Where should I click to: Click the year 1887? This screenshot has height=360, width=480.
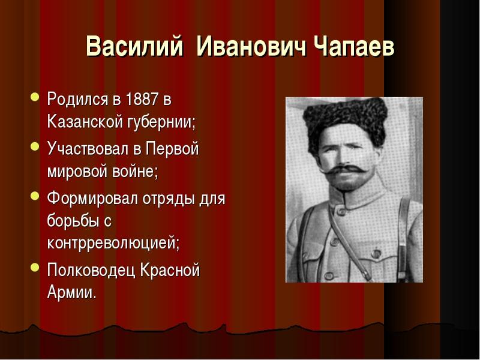(x=134, y=98)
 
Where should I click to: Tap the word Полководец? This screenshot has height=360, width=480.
(x=89, y=271)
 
